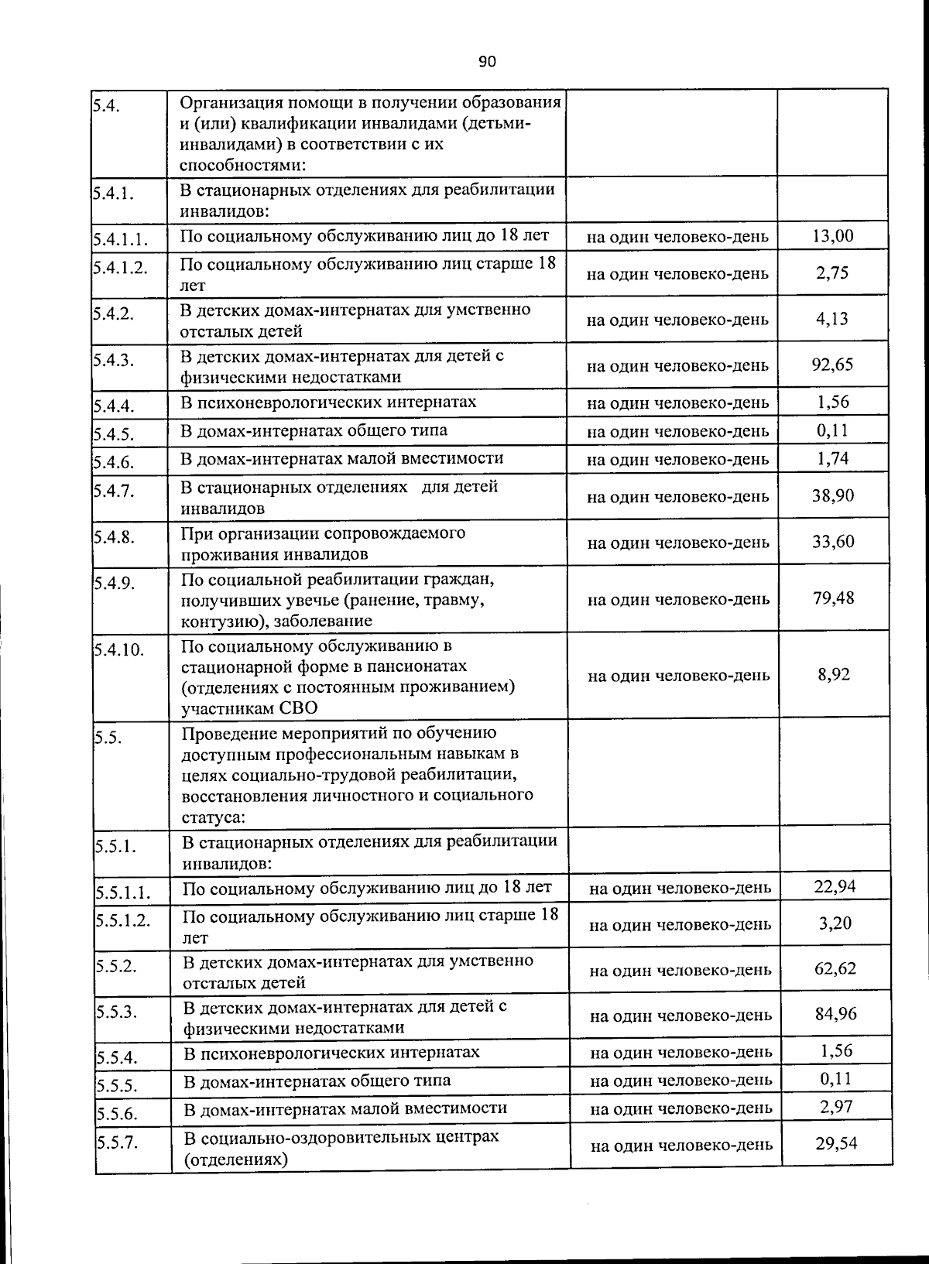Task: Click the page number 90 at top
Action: pos(486,62)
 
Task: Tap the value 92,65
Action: pos(832,365)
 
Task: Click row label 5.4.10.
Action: pos(119,649)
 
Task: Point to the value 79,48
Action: pos(834,598)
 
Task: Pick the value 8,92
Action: pos(834,674)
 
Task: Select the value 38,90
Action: pos(833,495)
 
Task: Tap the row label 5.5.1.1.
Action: pos(122,892)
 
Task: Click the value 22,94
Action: pos(835,886)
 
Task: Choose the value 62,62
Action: pos(835,968)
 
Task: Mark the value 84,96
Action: pos(836,1014)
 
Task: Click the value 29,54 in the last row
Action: pos(836,1142)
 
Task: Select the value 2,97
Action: pos(836,1107)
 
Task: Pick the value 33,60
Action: pos(833,541)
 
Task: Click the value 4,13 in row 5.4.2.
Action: pos(832,319)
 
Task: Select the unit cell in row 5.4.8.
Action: pos(678,543)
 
